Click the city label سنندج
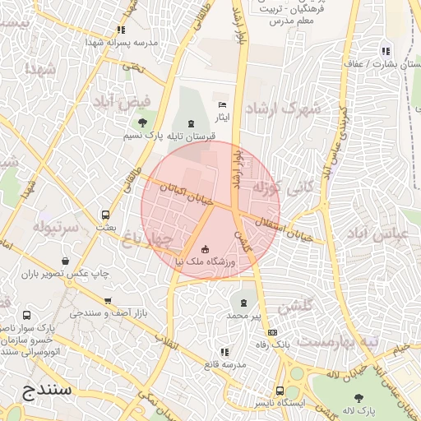(42, 389)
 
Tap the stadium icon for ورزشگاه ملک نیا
(205, 249)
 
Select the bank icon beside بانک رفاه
(272, 332)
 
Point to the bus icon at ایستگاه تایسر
(280, 391)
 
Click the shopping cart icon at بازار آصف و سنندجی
(108, 302)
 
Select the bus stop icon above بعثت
(104, 215)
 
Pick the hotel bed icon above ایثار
(222, 105)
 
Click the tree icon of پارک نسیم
(143, 123)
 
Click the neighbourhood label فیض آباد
(116, 101)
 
